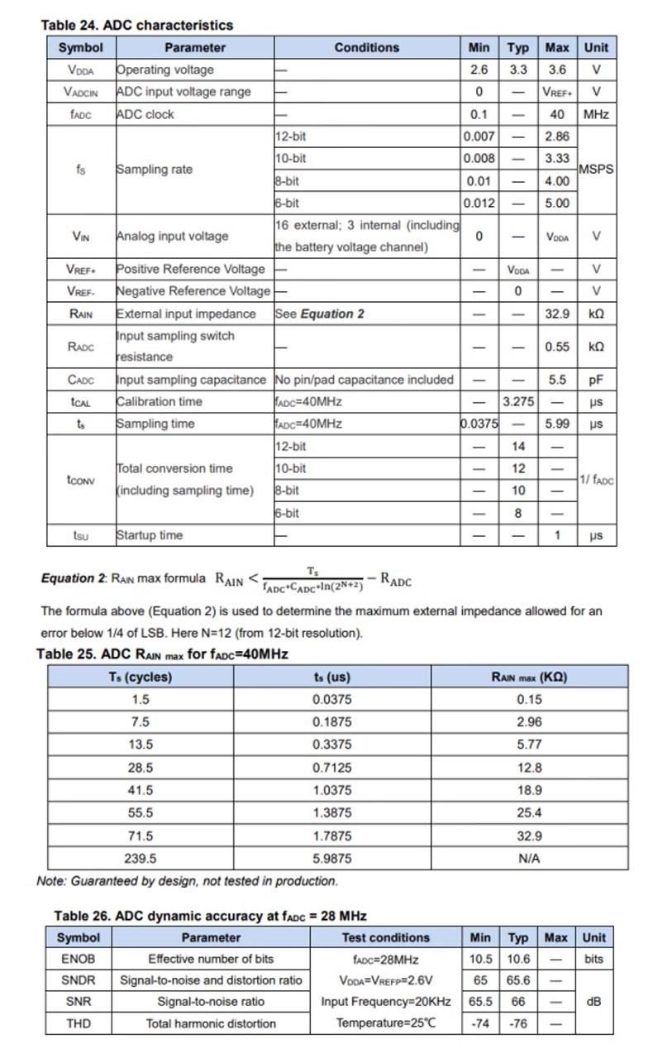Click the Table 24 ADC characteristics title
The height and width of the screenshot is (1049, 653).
[136, 25]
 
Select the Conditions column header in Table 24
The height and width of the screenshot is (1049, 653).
[367, 48]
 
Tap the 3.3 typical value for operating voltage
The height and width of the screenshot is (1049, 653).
[517, 70]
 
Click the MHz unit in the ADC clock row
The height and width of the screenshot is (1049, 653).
[596, 114]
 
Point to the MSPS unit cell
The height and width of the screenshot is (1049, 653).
[596, 169]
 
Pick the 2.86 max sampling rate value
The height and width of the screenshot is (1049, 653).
[557, 137]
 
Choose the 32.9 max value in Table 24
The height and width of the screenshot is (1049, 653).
[557, 314]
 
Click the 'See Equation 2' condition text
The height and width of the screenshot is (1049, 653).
[320, 314]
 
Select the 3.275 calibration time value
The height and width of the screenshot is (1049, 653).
[518, 402]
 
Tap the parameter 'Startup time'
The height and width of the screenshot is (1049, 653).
[150, 535]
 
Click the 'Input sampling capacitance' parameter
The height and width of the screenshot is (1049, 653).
[191, 380]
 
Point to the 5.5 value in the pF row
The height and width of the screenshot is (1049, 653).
[557, 380]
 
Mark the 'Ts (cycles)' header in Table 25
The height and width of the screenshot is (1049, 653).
[141, 677]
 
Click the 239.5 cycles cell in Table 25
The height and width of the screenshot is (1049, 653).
[141, 858]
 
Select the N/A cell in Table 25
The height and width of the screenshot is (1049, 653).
[529, 858]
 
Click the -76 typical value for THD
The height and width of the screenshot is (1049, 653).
[518, 1023]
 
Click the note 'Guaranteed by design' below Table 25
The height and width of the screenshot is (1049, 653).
[188, 881]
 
